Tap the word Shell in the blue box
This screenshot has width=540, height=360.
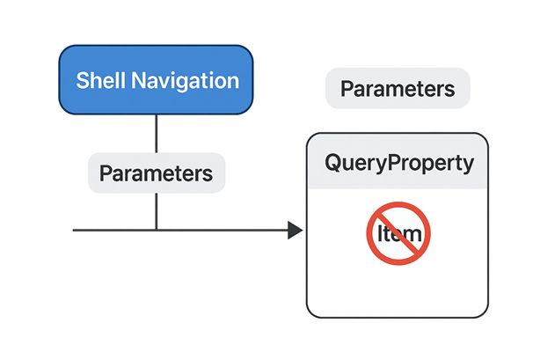click(x=100, y=81)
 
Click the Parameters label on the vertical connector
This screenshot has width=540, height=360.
click(x=156, y=173)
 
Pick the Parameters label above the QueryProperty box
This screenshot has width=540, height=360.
click(x=398, y=89)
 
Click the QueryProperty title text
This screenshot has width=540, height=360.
click(x=398, y=163)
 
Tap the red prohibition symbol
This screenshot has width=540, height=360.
click(x=398, y=234)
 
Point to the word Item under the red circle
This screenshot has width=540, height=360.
click(x=398, y=235)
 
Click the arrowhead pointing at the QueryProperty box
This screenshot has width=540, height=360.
click(x=296, y=231)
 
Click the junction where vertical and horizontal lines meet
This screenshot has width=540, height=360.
click(x=156, y=231)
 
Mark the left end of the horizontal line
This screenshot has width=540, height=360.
click(x=75, y=231)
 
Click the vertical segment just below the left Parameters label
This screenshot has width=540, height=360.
click(x=156, y=209)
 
